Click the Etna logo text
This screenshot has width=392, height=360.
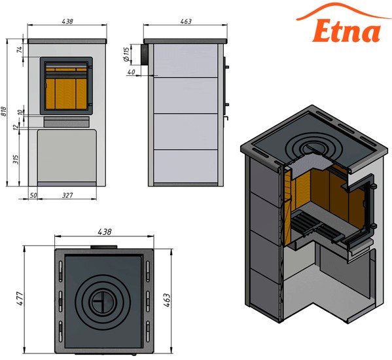[346, 30]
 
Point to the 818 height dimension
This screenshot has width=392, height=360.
[4, 111]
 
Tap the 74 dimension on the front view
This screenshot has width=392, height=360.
[20, 48]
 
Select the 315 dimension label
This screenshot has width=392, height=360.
[16, 159]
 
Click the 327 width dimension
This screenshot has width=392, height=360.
[67, 195]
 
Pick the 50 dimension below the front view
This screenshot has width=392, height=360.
[33, 195]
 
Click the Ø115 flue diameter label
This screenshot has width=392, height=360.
[127, 54]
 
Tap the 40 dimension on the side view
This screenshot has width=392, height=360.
[131, 72]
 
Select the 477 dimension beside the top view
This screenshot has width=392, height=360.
[20, 298]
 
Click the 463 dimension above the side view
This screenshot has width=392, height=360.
[186, 22]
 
